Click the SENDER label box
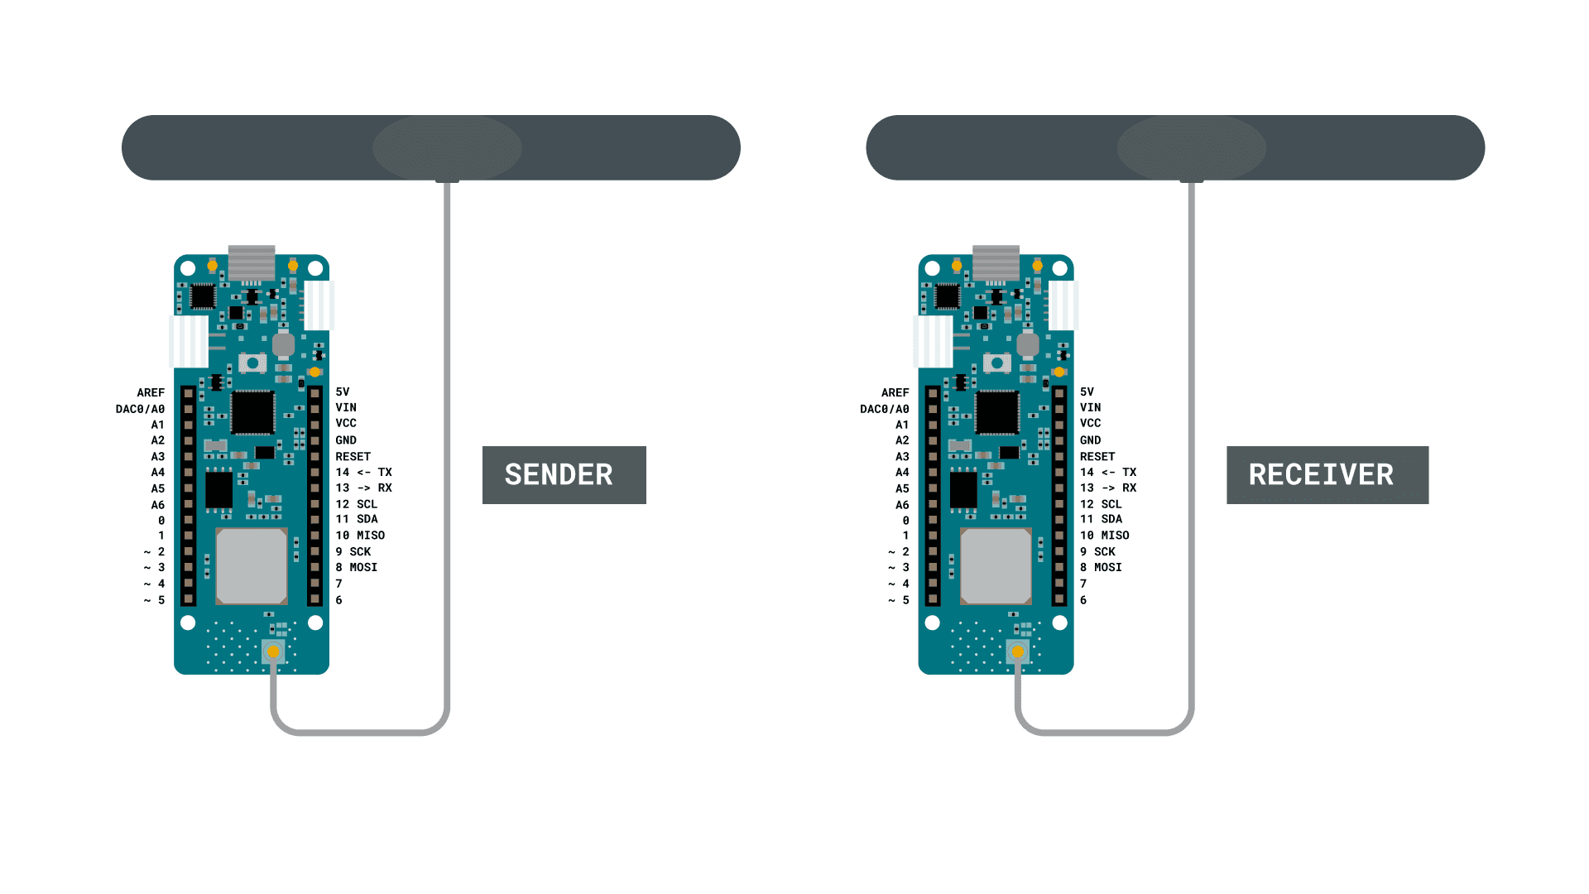pyautogui.click(x=564, y=475)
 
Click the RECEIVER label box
pyautogui.click(x=1327, y=475)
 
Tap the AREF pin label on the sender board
pyautogui.click(x=151, y=392)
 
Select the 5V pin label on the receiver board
pyautogui.click(x=1087, y=392)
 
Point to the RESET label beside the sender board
pyautogui.click(x=353, y=456)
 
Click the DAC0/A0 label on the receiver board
pyautogui.click(x=884, y=409)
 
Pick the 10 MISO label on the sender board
pyautogui.click(x=360, y=536)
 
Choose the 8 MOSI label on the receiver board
pyautogui.click(x=1101, y=567)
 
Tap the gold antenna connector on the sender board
pyautogui.click(x=273, y=651)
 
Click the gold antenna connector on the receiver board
pyautogui.click(x=1018, y=651)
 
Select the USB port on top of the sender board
pyautogui.click(x=252, y=262)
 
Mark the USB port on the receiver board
pyautogui.click(x=996, y=262)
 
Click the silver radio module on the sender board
pyautogui.click(x=252, y=566)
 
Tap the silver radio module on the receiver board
pyautogui.click(x=996, y=566)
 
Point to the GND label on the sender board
pyautogui.click(x=346, y=440)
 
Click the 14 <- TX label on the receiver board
pyautogui.click(x=1108, y=472)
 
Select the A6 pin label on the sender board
pyautogui.click(x=157, y=505)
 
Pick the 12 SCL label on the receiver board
pyautogui.click(x=1101, y=504)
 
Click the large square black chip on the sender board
pyautogui.click(x=252, y=412)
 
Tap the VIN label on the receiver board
pyautogui.click(x=1090, y=407)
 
